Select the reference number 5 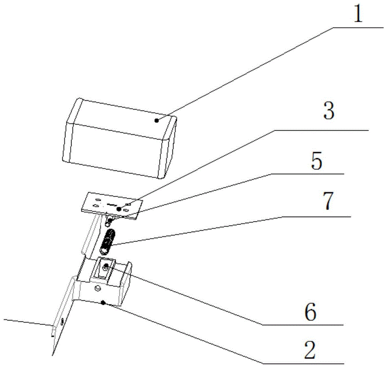[x=316, y=161]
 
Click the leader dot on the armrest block [x=157, y=121]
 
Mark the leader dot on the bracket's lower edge [x=103, y=303]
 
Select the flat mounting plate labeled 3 [x=110, y=206]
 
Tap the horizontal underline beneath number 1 [x=356, y=28]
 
